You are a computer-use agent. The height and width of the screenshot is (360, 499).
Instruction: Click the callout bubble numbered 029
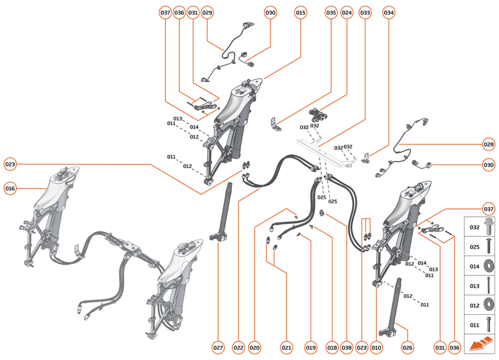click(x=207, y=12)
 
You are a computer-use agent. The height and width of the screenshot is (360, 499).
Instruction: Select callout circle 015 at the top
click(x=301, y=12)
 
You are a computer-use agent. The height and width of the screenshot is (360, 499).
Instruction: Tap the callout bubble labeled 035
click(x=331, y=12)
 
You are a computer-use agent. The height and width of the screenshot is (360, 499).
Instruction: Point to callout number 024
click(x=347, y=12)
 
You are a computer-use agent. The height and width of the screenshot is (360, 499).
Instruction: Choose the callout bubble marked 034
click(x=389, y=12)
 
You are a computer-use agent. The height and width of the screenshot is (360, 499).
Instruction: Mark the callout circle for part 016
click(x=10, y=188)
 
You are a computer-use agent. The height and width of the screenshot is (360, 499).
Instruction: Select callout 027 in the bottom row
click(x=218, y=348)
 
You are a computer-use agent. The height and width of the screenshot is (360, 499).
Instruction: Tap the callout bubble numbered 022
click(x=239, y=348)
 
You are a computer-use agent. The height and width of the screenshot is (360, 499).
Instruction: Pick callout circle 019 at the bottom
click(x=311, y=348)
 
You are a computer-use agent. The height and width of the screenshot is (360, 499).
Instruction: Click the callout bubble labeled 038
click(x=347, y=348)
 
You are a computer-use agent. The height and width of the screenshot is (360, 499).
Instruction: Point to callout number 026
click(x=407, y=348)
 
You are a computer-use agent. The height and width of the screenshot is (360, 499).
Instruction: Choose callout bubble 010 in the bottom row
click(x=376, y=348)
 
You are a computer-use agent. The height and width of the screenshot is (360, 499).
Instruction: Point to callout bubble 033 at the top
click(x=365, y=12)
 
